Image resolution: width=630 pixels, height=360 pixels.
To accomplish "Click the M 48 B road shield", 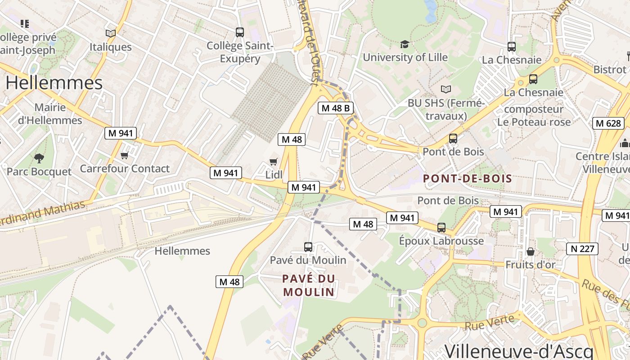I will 335,108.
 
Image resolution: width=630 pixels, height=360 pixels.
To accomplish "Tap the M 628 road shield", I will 608,123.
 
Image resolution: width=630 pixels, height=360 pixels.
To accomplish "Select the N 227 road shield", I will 582,248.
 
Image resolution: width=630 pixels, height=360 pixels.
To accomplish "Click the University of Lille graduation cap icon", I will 405,44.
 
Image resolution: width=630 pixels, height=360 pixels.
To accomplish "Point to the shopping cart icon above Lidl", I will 273,162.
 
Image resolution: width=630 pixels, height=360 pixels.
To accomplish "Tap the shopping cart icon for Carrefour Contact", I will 124,156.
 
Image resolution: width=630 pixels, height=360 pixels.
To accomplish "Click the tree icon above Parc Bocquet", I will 39,158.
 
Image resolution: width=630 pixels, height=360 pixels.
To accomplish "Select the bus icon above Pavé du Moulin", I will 308,247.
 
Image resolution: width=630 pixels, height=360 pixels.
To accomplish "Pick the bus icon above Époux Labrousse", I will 441,227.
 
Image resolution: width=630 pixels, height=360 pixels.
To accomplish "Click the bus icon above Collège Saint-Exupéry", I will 239,32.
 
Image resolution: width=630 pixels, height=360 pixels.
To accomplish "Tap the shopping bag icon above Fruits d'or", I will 530,251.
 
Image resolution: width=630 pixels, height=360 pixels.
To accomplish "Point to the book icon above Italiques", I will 110,33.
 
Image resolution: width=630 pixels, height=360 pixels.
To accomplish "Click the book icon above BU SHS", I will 445,89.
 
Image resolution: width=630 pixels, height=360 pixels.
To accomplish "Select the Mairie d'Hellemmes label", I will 50,114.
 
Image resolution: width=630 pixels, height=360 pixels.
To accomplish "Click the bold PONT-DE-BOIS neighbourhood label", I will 468,179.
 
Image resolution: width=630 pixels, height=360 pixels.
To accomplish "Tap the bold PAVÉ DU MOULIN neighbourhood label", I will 309,285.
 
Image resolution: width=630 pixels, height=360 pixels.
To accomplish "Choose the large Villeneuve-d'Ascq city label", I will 519,351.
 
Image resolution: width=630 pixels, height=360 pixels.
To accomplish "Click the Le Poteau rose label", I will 534,122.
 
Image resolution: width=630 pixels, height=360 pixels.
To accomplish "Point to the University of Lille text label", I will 405,57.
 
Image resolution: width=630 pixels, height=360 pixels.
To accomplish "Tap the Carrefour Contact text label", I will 125,169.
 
